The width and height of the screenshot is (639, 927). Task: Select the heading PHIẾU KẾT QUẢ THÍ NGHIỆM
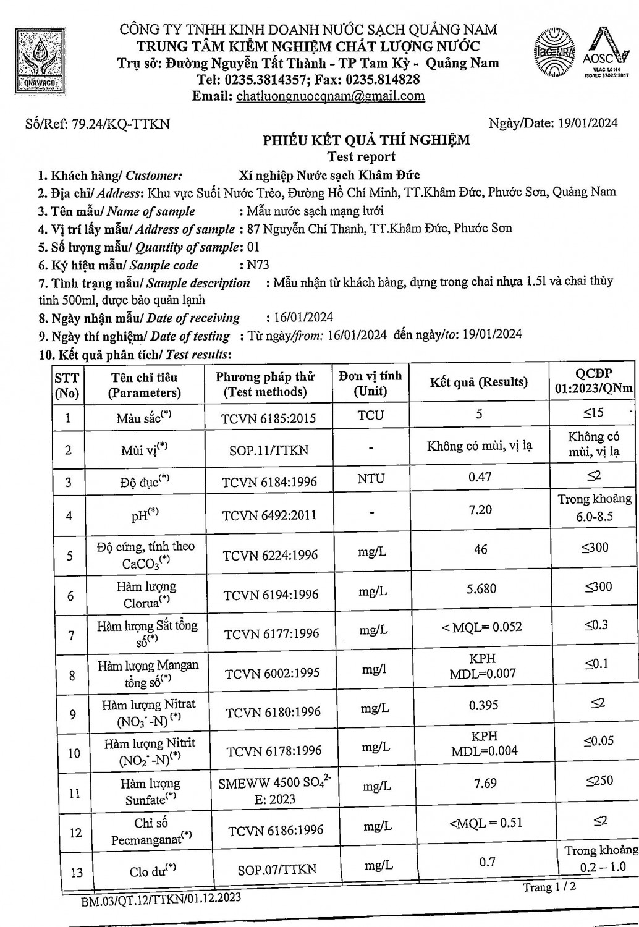click(366, 140)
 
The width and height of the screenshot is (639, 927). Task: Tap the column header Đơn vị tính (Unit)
click(370, 383)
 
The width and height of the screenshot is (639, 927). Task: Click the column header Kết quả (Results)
click(479, 382)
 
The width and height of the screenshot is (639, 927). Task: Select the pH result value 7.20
click(480, 509)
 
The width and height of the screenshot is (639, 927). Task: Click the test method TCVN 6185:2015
click(269, 418)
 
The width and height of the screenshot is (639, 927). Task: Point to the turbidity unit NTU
click(370, 478)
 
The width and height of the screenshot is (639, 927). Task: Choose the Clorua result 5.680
click(481, 589)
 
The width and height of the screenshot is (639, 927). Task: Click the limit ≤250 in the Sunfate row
click(599, 781)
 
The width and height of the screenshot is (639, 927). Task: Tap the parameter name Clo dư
click(152, 871)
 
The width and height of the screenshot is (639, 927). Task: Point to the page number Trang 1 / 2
click(549, 887)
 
